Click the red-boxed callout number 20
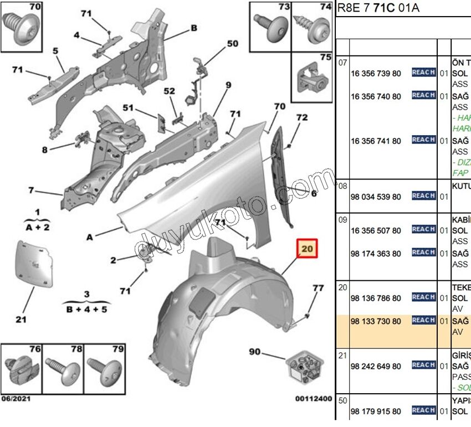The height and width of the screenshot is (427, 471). pos(308,250)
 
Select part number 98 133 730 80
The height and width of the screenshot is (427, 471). pos(376,321)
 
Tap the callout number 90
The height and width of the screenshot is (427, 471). pos(255,352)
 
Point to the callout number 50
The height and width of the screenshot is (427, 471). pos(232,43)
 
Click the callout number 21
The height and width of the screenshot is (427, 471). pos(21,319)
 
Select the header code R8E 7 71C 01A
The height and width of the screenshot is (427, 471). pos(378,8)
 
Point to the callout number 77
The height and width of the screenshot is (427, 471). pos(318,288)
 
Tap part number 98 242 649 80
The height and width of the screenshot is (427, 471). pos(376,366)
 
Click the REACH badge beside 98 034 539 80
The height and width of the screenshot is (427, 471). pos(423,196)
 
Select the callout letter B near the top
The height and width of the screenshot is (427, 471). pos(194,28)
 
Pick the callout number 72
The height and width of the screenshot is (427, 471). pos(301,118)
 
